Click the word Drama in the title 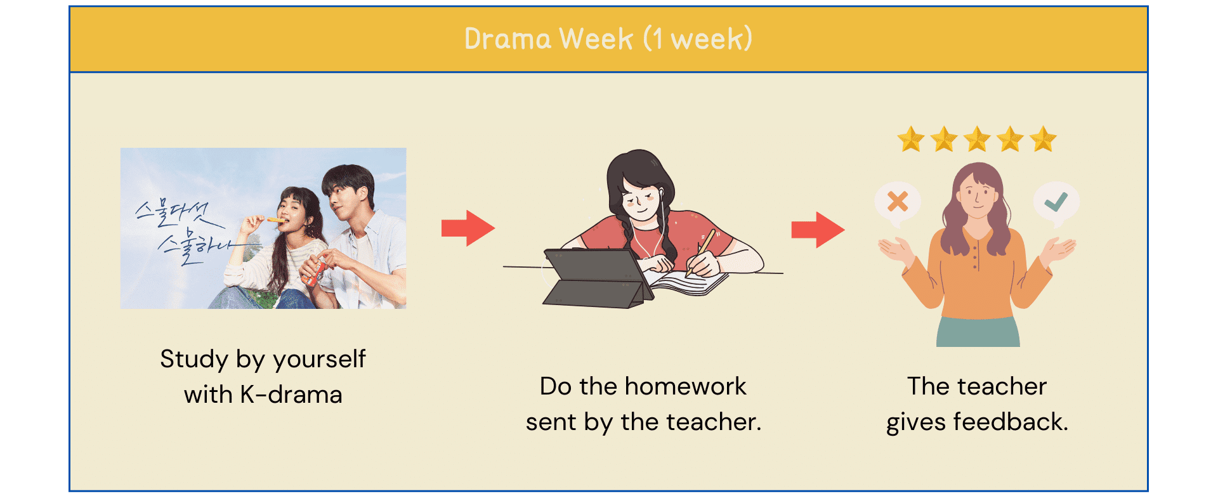[x=507, y=39]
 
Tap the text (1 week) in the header [x=698, y=39]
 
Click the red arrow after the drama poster [x=468, y=228]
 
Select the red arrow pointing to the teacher [x=818, y=229]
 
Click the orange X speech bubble [x=897, y=202]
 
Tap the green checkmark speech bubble [x=1056, y=202]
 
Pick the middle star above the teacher [x=977, y=139]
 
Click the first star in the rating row [x=911, y=139]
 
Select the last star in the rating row [x=1043, y=139]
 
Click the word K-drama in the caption [x=291, y=395]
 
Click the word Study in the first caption [x=194, y=359]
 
